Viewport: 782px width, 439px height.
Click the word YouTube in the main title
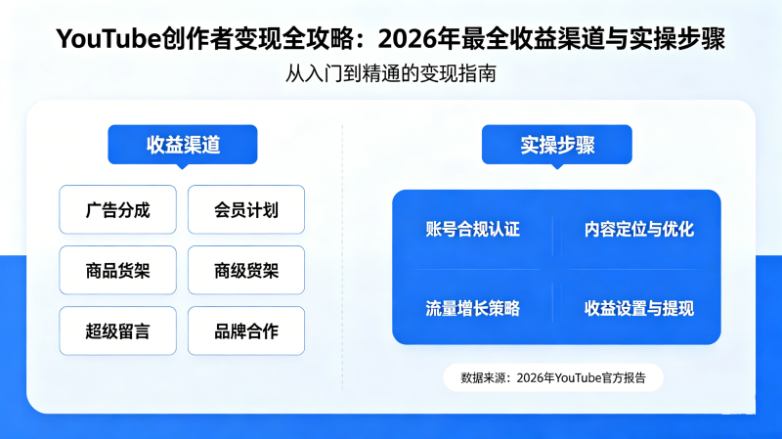[109, 39]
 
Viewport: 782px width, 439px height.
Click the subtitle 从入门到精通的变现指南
[390, 74]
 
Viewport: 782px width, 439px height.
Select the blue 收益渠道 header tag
[183, 145]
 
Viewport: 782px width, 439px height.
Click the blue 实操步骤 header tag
[557, 145]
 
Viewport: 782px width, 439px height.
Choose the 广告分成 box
[117, 209]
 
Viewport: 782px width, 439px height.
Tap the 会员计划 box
[246, 209]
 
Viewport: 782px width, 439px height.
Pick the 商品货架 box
[117, 271]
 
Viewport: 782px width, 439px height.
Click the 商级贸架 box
[246, 271]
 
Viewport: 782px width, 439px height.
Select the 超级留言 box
[117, 330]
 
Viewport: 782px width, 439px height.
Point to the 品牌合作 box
[246, 330]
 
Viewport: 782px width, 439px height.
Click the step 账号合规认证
[473, 229]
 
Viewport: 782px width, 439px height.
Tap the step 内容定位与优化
[639, 229]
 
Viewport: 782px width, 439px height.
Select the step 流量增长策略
[473, 308]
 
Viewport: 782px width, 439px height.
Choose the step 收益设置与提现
[639, 308]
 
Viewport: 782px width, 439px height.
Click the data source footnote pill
[553, 377]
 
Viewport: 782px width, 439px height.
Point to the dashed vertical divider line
[342, 257]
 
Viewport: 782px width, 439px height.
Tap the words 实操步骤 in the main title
[677, 39]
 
